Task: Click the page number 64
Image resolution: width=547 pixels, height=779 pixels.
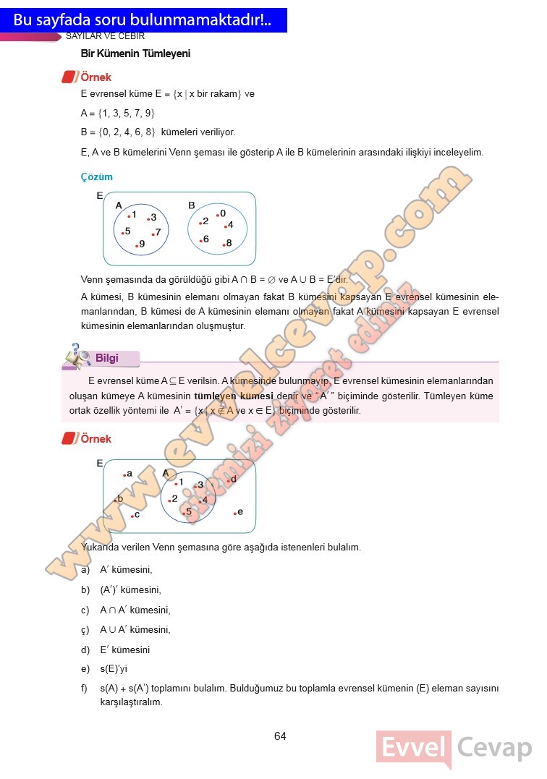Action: click(280, 736)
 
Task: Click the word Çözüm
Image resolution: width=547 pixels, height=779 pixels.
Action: click(97, 176)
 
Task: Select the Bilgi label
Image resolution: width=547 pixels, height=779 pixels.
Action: click(106, 358)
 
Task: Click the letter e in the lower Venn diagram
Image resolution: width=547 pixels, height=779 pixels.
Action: click(239, 512)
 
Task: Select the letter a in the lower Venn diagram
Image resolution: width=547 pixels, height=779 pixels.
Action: click(129, 474)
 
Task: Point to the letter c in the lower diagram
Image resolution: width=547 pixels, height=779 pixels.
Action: click(136, 514)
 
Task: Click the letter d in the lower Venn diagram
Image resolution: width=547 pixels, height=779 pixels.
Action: click(233, 479)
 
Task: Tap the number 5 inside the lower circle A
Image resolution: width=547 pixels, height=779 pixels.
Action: click(188, 511)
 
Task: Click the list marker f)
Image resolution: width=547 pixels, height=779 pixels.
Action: click(85, 689)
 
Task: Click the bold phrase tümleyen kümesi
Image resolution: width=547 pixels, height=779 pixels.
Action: click(233, 396)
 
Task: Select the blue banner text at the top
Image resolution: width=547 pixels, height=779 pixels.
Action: click(143, 20)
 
